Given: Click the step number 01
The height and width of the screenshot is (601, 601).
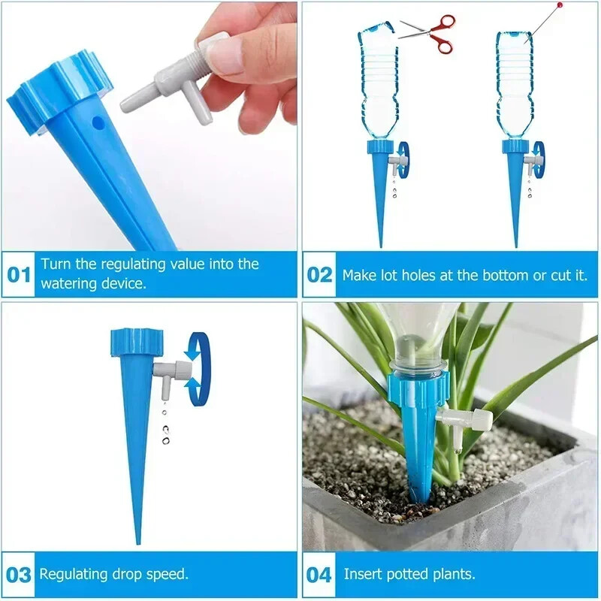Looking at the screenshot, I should tap(19, 274).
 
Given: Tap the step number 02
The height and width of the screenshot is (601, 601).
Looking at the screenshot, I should tap(319, 274).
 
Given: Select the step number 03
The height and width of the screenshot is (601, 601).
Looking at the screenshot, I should tap(19, 575).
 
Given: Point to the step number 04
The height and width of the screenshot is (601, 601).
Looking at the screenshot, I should tap(319, 575).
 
